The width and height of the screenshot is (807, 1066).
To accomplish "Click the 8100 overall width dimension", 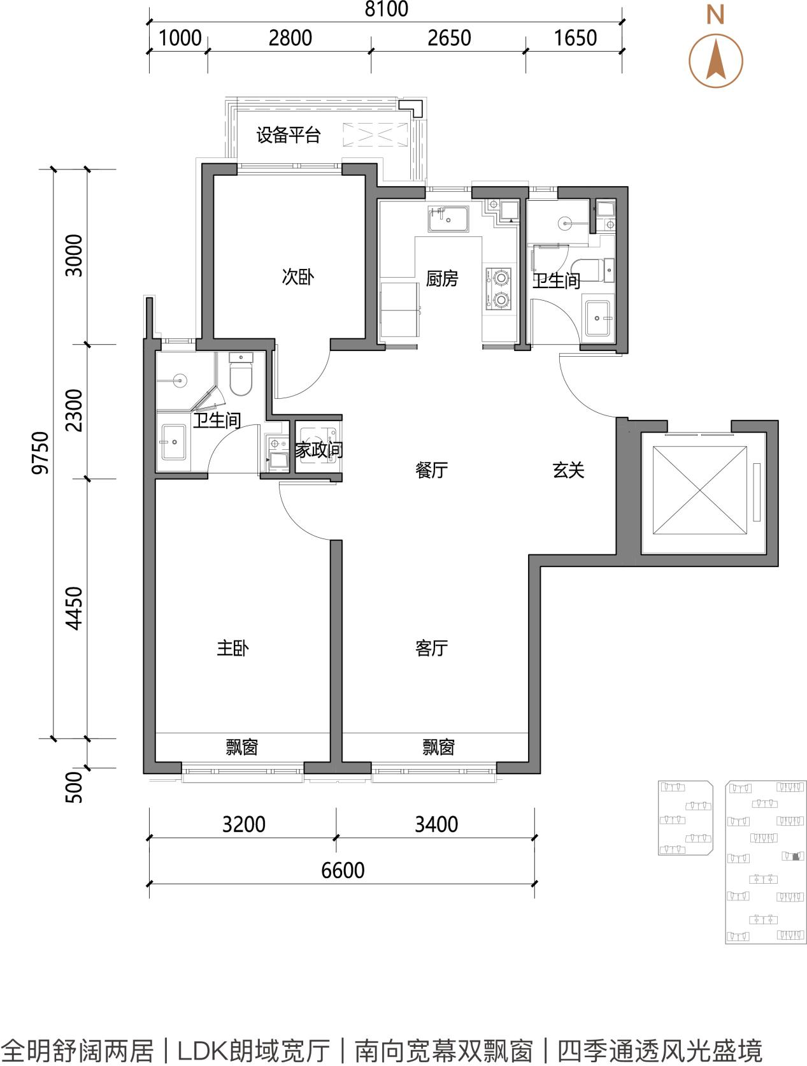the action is coord(386,9).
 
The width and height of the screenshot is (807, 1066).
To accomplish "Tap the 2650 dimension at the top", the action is coord(449,38).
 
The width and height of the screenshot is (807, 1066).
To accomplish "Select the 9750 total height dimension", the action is coord(40,452).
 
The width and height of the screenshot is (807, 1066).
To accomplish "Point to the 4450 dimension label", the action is coord(75,609).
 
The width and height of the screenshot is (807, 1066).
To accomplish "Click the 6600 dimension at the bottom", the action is coord(343,870).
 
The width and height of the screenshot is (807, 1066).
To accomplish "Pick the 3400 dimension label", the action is coord(436,824).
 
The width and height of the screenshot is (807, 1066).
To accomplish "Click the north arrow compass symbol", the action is coord(716,61).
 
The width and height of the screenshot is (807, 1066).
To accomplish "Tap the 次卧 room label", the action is coord(298,277).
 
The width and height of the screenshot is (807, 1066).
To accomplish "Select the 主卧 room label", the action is coord(233,648).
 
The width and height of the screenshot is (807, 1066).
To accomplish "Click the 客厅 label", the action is coord(431,648).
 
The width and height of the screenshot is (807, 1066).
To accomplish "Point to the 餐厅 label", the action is coord(431,470).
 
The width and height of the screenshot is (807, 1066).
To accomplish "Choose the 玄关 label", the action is coord(568,470).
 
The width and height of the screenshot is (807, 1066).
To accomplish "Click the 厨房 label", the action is coord(442,278).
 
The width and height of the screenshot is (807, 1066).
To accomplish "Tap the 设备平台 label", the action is coord(289,135).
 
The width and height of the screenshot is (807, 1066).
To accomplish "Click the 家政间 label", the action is coord(319,450).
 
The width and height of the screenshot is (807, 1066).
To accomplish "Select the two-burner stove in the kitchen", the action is coord(499,289).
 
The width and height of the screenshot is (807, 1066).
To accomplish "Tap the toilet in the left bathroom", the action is coord(241,374).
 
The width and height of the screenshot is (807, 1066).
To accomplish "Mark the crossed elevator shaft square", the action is coord(700,491).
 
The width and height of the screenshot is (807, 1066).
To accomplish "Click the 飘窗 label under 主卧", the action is coord(241,746).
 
